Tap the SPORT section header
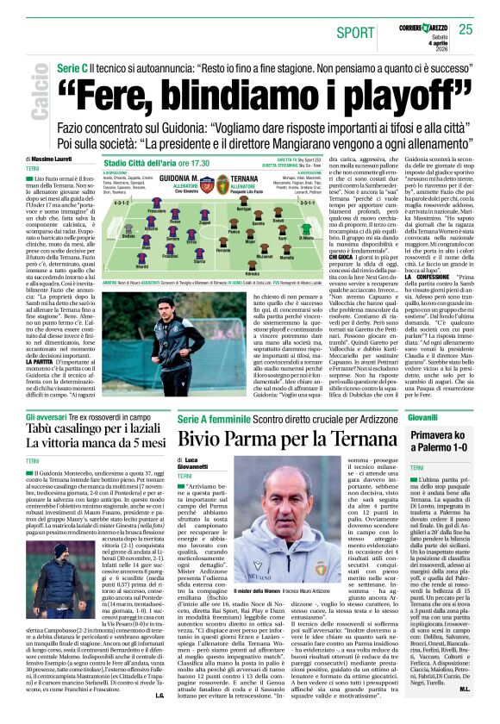[356, 32]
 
